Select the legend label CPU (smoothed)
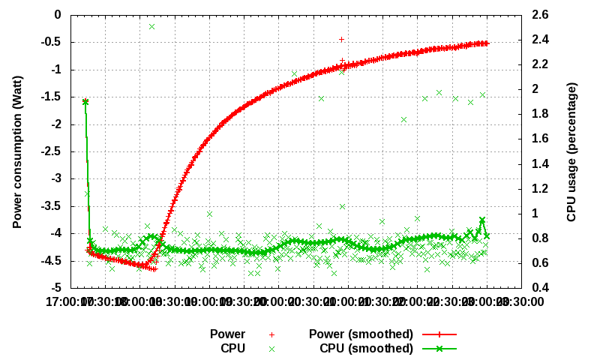tap(367, 349)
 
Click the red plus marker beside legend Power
tap(272, 334)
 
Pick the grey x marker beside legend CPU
tap(272, 349)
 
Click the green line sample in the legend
tap(439, 349)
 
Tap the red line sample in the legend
tap(439, 334)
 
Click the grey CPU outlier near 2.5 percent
tap(151, 26)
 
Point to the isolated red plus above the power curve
tap(341, 39)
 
